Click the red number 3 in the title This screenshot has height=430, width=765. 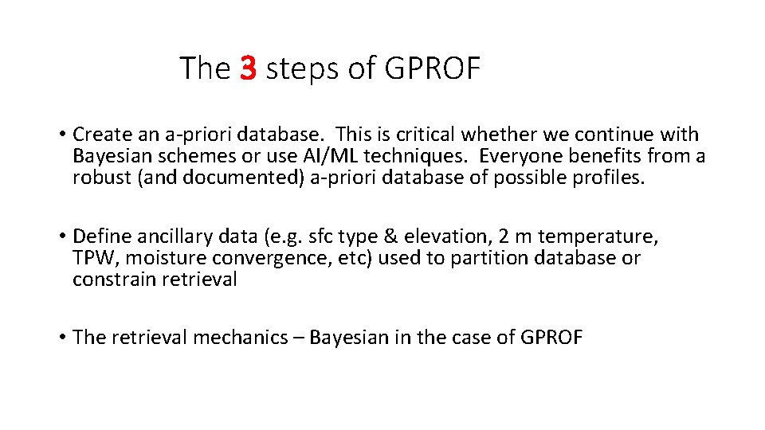[247, 68]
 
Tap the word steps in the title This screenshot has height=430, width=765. [302, 70]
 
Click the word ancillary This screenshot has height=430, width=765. [168, 236]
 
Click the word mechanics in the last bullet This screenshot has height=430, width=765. [242, 337]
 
